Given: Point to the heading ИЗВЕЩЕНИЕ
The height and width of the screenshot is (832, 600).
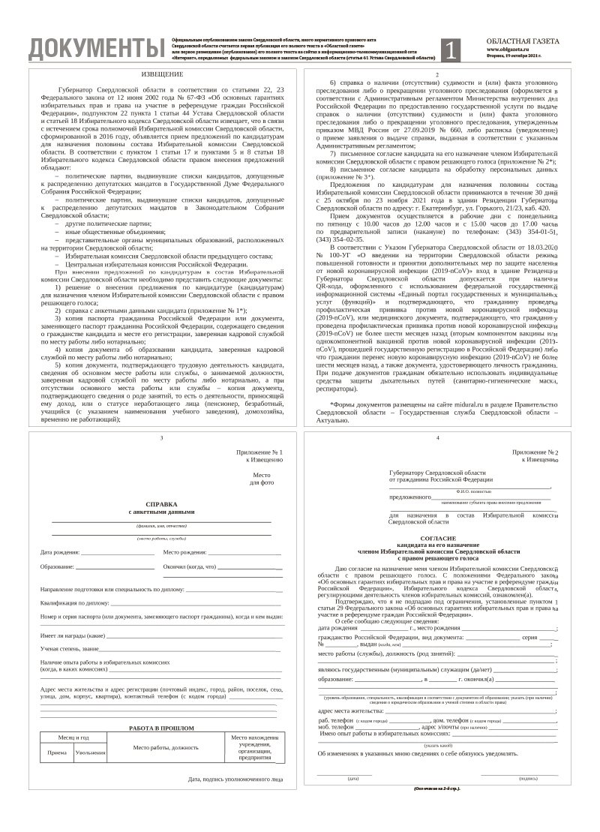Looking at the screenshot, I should pyautogui.click(x=162, y=75).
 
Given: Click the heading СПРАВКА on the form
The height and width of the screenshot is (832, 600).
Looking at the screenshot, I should pyautogui.click(x=162, y=505).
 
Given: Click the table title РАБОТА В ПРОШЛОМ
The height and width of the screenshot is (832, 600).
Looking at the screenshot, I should pyautogui.click(x=161, y=728).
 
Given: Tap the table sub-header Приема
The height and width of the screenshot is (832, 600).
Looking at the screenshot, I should pyautogui.click(x=57, y=752).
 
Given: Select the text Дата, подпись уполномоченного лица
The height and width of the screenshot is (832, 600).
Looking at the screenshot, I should pyautogui.click(x=235, y=779).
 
